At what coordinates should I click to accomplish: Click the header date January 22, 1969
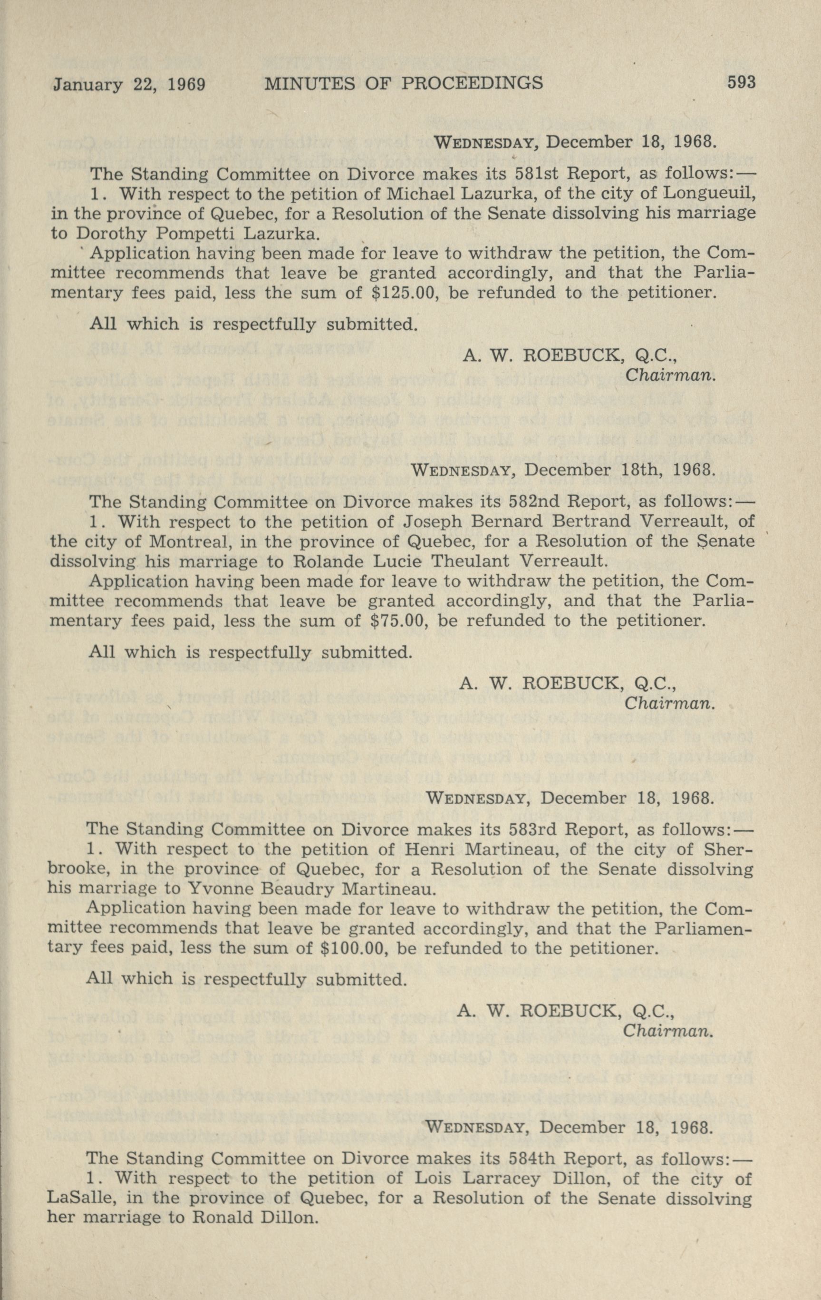(129, 84)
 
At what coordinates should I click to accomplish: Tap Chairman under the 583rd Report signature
(669, 1031)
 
